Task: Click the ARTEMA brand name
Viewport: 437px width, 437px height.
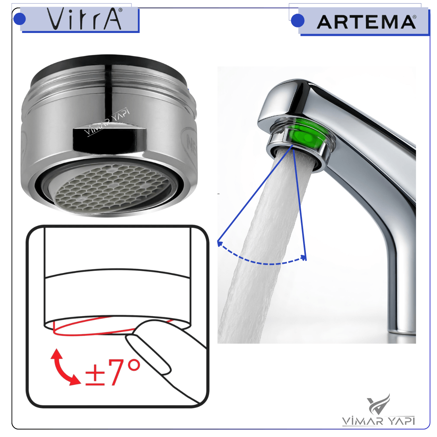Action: (x=365, y=22)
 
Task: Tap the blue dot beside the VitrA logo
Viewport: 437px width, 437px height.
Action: (x=19, y=19)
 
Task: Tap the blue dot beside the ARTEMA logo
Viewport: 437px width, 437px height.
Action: (x=298, y=21)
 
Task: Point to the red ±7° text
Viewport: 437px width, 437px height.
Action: (x=112, y=372)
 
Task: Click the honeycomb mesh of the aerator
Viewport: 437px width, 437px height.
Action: (x=112, y=186)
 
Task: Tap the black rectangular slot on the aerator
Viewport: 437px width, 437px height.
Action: (x=109, y=138)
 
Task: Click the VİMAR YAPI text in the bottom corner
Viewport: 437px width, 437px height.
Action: (x=378, y=421)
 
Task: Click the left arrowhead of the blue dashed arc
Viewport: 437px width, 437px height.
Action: (x=219, y=244)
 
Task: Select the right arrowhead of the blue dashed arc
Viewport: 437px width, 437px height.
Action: (x=304, y=258)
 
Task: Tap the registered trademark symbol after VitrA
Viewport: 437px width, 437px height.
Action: (x=120, y=10)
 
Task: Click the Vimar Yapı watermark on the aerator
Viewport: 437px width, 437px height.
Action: (x=107, y=122)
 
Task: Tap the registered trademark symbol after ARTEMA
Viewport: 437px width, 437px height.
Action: (x=414, y=17)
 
